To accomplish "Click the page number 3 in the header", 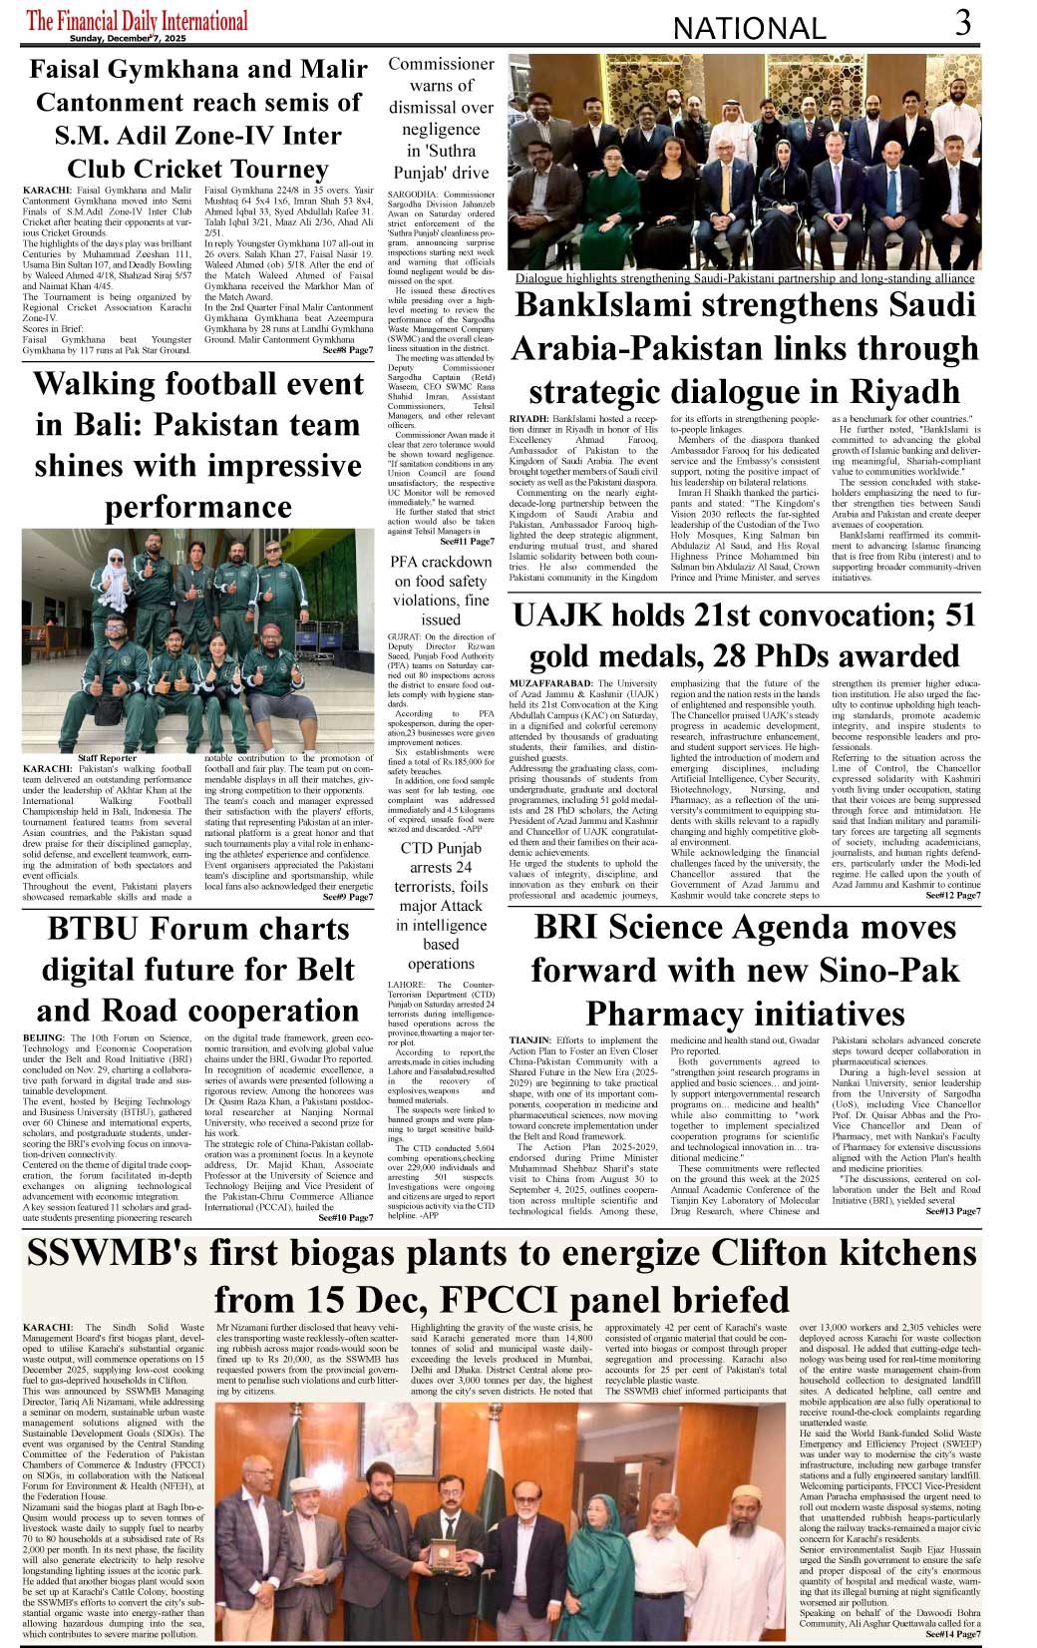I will [x=962, y=23].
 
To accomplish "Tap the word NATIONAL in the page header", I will [x=749, y=28].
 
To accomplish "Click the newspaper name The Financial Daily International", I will [x=137, y=20].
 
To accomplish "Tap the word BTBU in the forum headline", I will [x=96, y=929].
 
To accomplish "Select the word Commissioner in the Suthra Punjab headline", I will [x=441, y=64].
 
